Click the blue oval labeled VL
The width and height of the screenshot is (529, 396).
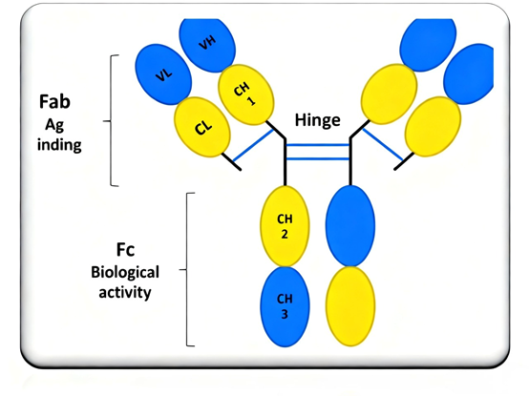click(162, 75)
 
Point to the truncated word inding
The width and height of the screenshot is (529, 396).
click(57, 146)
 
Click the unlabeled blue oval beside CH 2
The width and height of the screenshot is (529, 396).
click(350, 226)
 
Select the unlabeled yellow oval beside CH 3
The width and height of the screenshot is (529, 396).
click(350, 307)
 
